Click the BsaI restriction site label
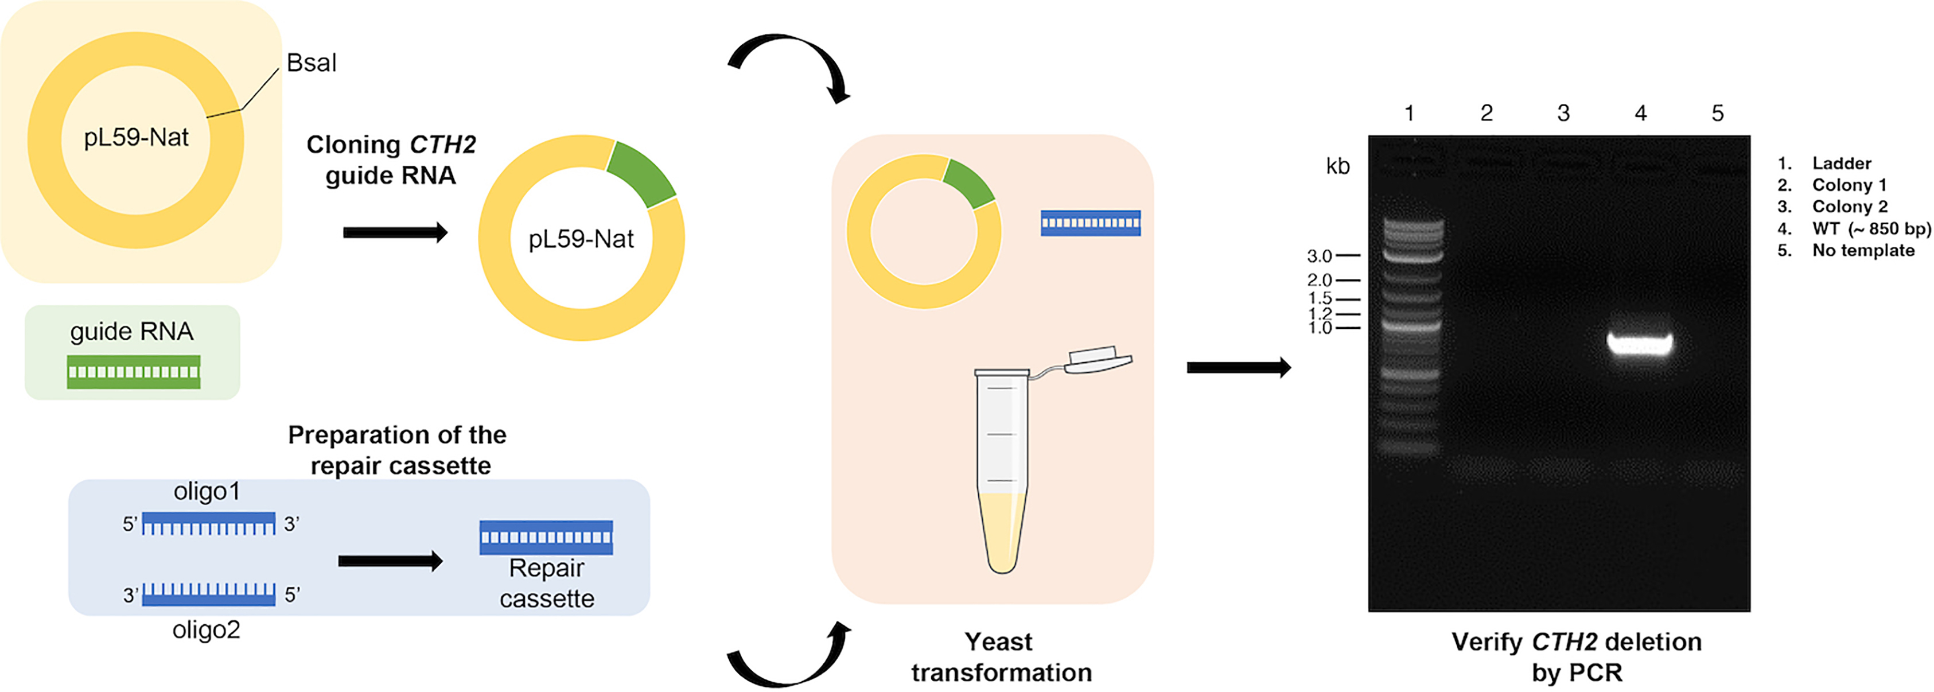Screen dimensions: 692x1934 point(311,63)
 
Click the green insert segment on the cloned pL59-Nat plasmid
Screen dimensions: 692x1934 point(642,172)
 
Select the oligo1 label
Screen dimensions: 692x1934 point(207,492)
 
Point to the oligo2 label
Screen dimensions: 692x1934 point(207,629)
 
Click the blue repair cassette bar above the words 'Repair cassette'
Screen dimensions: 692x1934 point(546,538)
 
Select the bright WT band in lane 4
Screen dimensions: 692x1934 point(1640,344)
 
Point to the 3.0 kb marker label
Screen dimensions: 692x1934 point(1319,256)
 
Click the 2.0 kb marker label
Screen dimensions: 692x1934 point(1319,280)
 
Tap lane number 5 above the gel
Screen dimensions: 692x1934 point(1718,114)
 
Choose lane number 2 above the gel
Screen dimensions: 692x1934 point(1487,114)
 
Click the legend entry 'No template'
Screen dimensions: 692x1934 point(1863,251)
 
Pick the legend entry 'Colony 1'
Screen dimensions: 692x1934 point(1849,185)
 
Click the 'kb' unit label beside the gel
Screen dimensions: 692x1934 point(1338,166)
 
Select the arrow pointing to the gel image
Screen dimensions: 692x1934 point(1239,368)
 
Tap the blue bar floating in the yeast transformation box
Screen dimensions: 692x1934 point(1090,223)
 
